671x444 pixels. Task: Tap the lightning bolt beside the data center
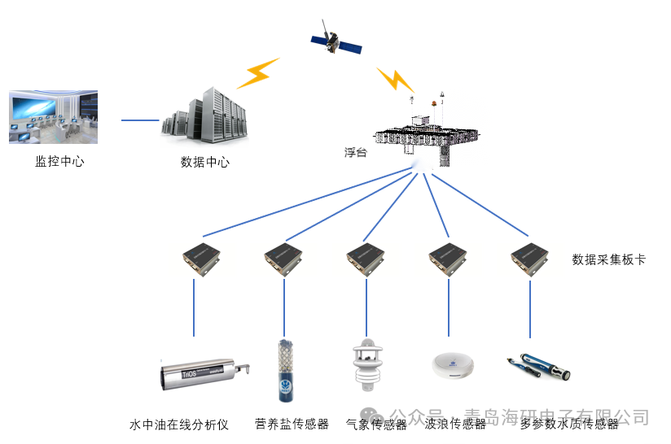[x=257, y=73]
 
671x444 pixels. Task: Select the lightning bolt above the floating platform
[x=396, y=80]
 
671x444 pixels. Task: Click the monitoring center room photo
[x=54, y=117]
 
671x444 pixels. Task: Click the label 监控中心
[x=59, y=161]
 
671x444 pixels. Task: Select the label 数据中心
[x=205, y=162]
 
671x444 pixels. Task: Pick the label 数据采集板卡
[x=609, y=259]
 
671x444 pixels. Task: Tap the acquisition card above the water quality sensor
[x=530, y=258]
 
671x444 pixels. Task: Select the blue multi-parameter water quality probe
[x=538, y=368]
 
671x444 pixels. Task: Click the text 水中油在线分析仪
[x=179, y=424]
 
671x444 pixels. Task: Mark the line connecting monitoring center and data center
[x=140, y=120]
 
